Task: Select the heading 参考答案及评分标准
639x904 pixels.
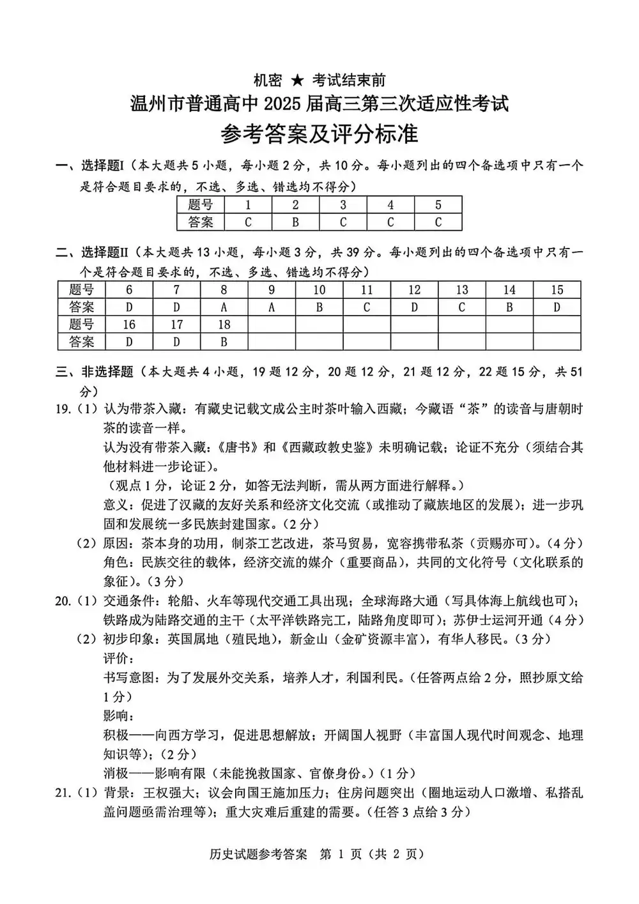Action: tap(319, 134)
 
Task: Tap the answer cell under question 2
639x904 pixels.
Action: tap(295, 222)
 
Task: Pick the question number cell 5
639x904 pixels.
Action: tap(438, 205)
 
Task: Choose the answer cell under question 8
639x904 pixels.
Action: tap(224, 307)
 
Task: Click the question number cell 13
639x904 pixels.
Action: tap(461, 290)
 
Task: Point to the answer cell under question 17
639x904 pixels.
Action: tap(176, 342)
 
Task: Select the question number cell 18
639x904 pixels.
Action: tap(224, 325)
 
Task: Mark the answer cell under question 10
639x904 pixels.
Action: tap(319, 307)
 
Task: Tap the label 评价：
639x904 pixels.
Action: tap(119, 658)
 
